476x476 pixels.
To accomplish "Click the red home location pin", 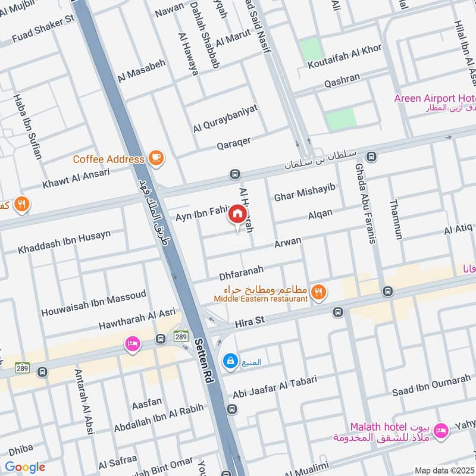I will click(237, 214).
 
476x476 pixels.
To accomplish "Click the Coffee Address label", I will click(108, 159).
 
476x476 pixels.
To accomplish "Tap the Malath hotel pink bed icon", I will click(441, 430).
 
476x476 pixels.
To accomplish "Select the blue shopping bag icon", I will click(229, 361).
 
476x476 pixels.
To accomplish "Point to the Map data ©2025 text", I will click(445, 469).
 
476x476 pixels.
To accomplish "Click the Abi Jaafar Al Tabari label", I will click(275, 386).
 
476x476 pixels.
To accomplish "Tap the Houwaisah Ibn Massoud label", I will click(93, 303).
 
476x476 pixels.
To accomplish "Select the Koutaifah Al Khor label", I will click(344, 58).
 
